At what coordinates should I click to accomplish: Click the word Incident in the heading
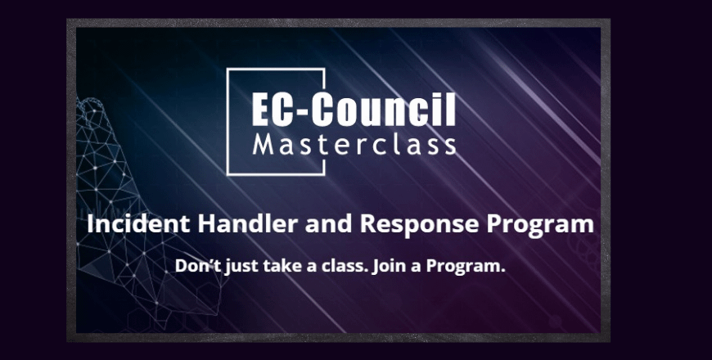pyautogui.click(x=138, y=223)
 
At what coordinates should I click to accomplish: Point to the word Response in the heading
pyautogui.click(x=420, y=225)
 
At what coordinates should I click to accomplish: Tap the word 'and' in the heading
pyautogui.click(x=329, y=223)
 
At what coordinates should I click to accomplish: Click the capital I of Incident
pyautogui.click(x=89, y=224)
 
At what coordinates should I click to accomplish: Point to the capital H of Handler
pyautogui.click(x=205, y=224)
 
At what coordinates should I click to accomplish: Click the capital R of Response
pyautogui.click(x=367, y=224)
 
